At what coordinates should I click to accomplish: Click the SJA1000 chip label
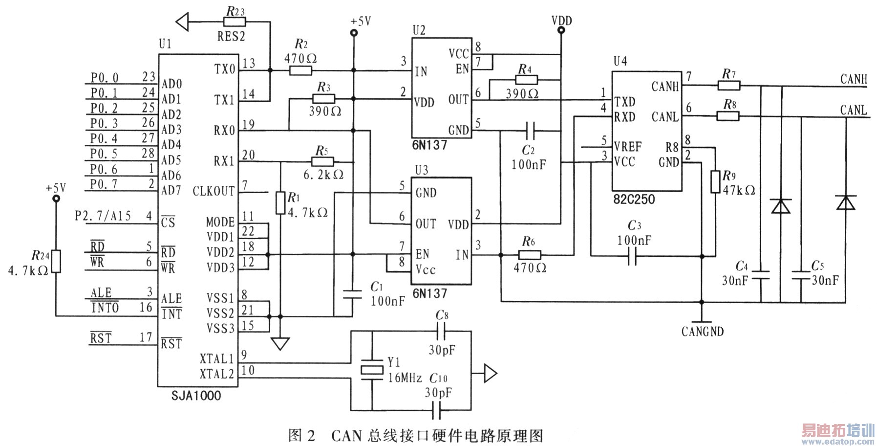pyautogui.click(x=196, y=395)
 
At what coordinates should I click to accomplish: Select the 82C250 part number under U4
pyautogui.click(x=634, y=200)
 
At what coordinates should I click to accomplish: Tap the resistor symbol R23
pyautogui.click(x=235, y=22)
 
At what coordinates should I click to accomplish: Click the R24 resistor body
pyautogui.click(x=56, y=261)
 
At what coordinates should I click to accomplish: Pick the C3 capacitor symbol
pyautogui.click(x=632, y=256)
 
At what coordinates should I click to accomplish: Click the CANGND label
pyautogui.click(x=702, y=332)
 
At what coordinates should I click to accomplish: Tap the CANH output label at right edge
pyautogui.click(x=853, y=79)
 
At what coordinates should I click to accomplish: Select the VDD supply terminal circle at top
pyautogui.click(x=561, y=30)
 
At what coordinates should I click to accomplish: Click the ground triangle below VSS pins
pyautogui.click(x=280, y=344)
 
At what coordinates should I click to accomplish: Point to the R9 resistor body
pyautogui.click(x=715, y=181)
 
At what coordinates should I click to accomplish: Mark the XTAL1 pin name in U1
pyautogui.click(x=216, y=358)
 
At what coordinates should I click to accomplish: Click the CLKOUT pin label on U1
pyautogui.click(x=214, y=191)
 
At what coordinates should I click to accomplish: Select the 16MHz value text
pyautogui.click(x=405, y=378)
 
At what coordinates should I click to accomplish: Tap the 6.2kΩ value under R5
pyautogui.click(x=323, y=175)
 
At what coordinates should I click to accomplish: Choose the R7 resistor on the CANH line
pyautogui.click(x=729, y=86)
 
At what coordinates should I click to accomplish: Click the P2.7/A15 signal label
pyautogui.click(x=103, y=216)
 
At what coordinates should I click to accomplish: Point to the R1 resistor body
pyautogui.click(x=280, y=203)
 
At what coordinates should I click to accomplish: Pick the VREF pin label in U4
pyautogui.click(x=627, y=147)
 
